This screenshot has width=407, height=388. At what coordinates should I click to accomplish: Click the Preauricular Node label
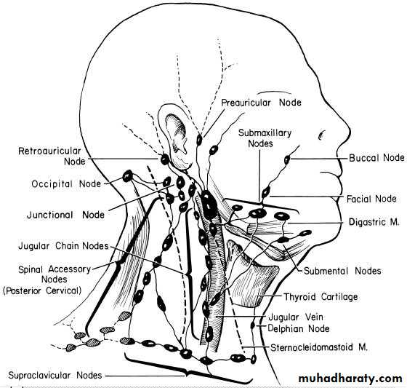tap(261, 103)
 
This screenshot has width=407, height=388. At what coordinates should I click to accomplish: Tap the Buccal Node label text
tap(376, 157)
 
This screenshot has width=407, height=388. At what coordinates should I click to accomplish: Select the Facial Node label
tap(371, 199)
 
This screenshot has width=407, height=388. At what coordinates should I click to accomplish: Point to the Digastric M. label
tap(374, 222)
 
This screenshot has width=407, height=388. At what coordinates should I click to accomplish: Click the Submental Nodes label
tap(342, 271)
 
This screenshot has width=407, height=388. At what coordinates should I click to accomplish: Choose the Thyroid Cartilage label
tap(321, 297)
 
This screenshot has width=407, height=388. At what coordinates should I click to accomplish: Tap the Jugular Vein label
tap(296, 317)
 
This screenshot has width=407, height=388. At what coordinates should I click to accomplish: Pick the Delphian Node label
tap(299, 328)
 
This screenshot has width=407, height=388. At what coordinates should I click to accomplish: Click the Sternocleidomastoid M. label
tap(319, 347)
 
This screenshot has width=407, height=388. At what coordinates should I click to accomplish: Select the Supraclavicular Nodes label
tap(55, 375)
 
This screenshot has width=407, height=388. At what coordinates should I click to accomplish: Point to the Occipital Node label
tap(66, 184)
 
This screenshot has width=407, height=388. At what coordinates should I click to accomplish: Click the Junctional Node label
tap(65, 215)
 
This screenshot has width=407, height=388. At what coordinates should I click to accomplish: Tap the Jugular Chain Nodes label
tap(63, 246)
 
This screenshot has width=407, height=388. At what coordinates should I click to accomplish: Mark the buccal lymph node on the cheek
tap(287, 159)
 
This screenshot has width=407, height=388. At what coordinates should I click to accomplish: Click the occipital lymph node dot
tap(127, 176)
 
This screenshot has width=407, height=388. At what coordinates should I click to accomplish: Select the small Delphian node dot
tap(253, 325)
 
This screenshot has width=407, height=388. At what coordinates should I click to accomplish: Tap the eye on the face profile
tap(321, 135)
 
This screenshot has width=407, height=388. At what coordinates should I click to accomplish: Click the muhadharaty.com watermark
tap(350, 379)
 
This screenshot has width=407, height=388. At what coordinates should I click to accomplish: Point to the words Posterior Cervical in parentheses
tap(42, 290)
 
